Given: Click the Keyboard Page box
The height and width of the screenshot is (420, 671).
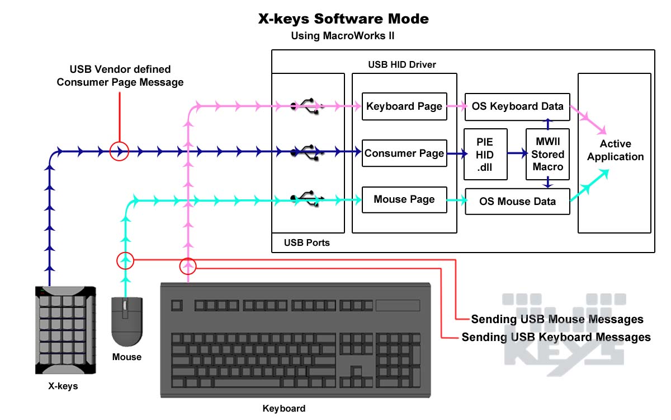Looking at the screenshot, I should pos(405,106).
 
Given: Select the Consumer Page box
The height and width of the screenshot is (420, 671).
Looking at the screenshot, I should pos(405,153).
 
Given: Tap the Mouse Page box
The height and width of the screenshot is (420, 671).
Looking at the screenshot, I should pos(405,199).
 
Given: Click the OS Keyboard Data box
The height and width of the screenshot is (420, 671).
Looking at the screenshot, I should pos(517,106).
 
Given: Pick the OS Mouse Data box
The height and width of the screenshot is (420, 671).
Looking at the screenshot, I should pos(517,201).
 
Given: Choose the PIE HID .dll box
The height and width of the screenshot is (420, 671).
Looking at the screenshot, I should pos(485,154).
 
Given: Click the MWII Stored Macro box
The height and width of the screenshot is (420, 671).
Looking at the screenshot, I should pos(547,154).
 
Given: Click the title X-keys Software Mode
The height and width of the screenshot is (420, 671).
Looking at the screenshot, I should pos(343,18).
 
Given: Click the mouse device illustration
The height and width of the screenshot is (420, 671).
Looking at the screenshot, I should pos(127,321).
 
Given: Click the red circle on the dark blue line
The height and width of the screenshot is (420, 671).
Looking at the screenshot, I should pos(119,151).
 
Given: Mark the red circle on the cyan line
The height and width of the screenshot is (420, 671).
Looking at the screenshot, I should pos(126,260).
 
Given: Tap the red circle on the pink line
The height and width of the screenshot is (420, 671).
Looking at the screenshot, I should pos(188,266).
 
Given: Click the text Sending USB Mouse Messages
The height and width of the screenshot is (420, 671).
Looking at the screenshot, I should pos(557,320).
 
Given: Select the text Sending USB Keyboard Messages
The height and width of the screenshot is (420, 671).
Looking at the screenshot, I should pos(556,337).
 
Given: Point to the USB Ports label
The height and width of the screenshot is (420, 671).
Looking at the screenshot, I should pos(306,243).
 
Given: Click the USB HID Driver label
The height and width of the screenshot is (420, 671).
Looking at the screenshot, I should pos(401,64).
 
